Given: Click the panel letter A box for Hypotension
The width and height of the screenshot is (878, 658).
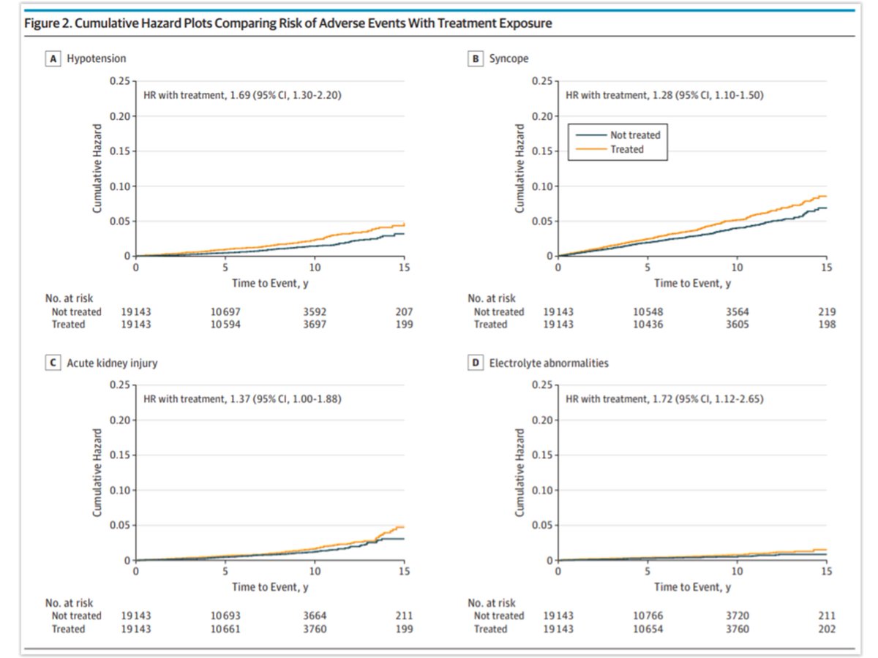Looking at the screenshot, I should pyautogui.click(x=52, y=59).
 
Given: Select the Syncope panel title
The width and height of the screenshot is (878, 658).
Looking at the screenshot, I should pyautogui.click(x=509, y=59).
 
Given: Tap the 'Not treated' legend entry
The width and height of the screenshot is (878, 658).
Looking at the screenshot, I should pyautogui.click(x=634, y=135).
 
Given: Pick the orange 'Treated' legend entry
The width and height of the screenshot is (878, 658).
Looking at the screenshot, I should pyautogui.click(x=626, y=149).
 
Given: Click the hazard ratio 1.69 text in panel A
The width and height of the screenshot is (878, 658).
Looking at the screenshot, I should pyautogui.click(x=241, y=94).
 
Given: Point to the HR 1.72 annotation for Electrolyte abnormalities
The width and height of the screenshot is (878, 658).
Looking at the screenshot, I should pyautogui.click(x=664, y=398).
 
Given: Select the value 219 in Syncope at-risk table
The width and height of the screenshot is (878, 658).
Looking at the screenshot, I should pyautogui.click(x=826, y=311).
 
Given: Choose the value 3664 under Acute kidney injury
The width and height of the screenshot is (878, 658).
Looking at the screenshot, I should pyautogui.click(x=314, y=616).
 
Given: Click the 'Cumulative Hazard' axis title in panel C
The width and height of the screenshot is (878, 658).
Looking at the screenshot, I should pyautogui.click(x=97, y=472).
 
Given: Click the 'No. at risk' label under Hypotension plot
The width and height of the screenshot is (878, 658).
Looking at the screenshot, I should pyautogui.click(x=70, y=298).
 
